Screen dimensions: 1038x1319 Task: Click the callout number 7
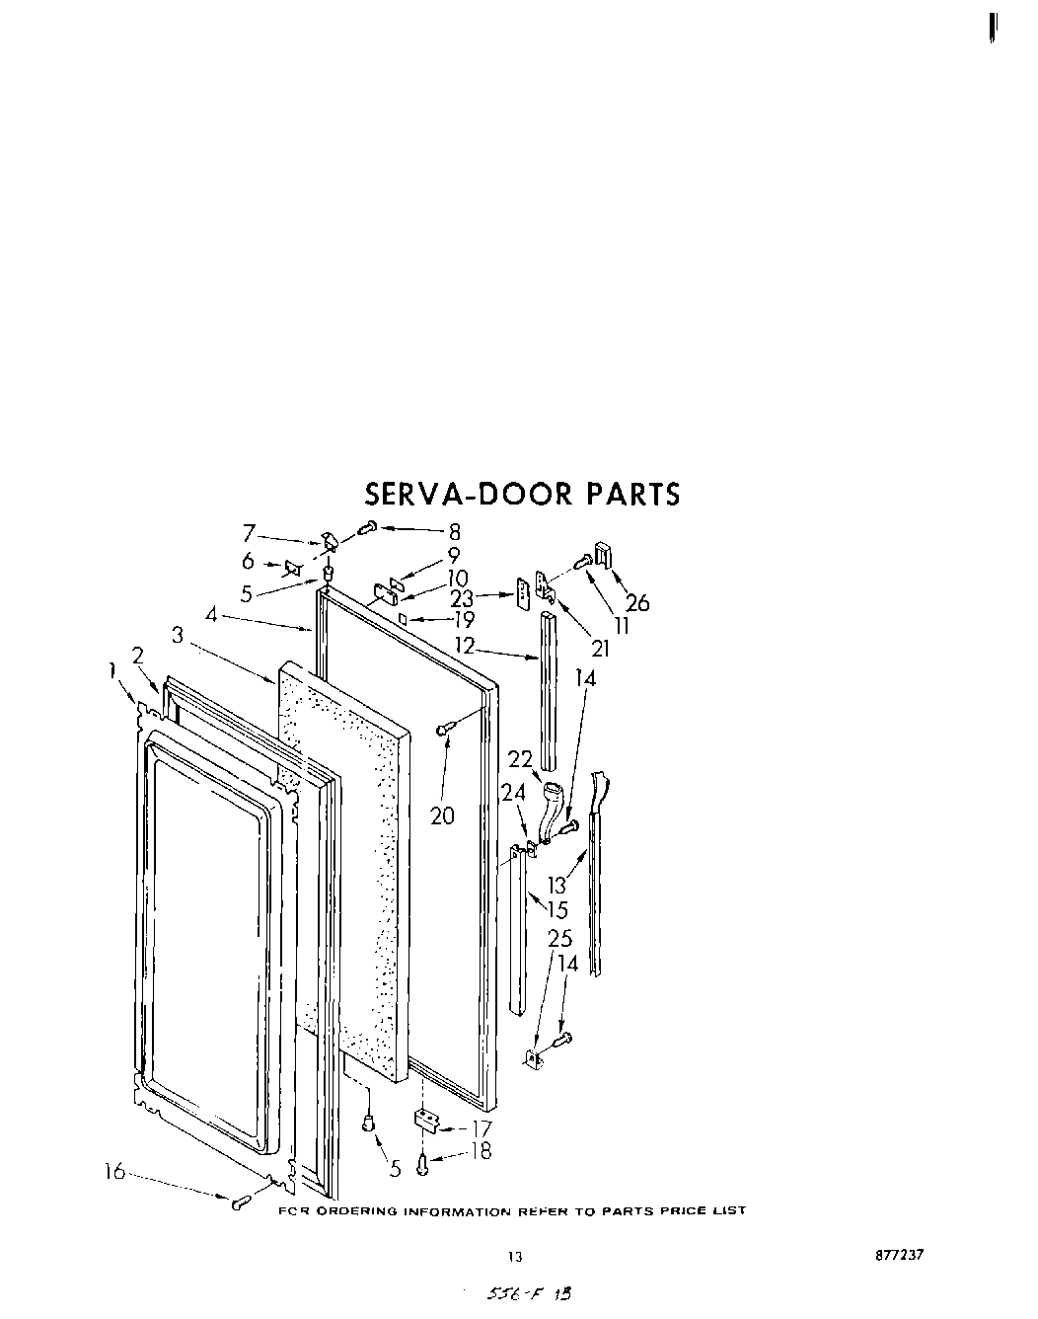[250, 534]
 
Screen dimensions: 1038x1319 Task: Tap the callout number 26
[637, 603]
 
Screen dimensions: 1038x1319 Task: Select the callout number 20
[442, 815]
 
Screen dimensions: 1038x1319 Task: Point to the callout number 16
[115, 1171]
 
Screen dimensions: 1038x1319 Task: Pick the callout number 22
[520, 758]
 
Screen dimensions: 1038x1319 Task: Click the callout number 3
[177, 636]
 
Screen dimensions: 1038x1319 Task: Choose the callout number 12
[464, 646]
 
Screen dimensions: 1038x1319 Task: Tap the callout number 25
[559, 939]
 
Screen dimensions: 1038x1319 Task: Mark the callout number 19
[463, 621]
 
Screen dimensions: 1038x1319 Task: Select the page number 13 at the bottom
[513, 1257]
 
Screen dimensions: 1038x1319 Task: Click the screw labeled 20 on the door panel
[446, 729]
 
